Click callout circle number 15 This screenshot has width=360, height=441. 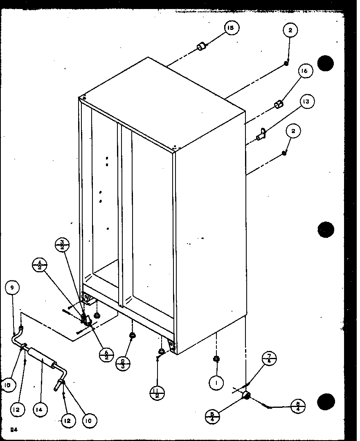(231, 28)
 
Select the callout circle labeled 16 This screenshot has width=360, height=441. (304, 71)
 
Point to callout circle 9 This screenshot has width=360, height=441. (12, 288)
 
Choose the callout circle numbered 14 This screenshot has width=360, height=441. (40, 409)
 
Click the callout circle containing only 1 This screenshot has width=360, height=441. (216, 383)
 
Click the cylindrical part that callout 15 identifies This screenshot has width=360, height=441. (202, 46)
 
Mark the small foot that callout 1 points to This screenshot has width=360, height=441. (216, 359)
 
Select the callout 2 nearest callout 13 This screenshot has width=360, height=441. (293, 131)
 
